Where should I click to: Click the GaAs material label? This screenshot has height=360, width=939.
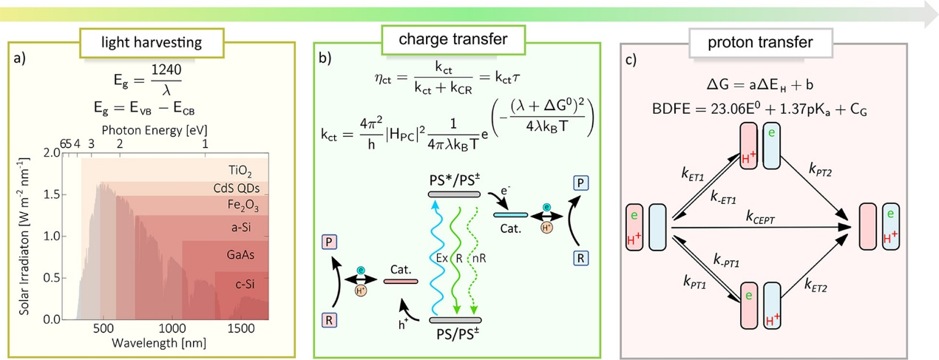click(x=238, y=253)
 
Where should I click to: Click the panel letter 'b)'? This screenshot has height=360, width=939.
click(x=328, y=58)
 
